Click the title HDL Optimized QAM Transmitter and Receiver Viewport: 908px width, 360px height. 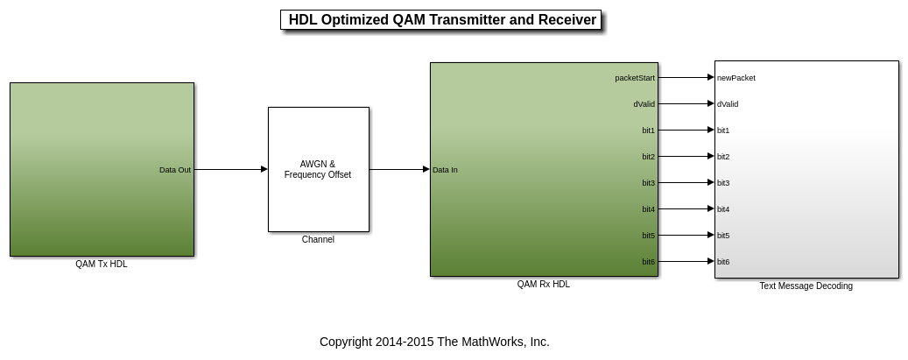[442, 20]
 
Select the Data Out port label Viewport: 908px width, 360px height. [175, 170]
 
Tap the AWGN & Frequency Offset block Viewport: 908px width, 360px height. [319, 169]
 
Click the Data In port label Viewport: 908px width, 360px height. [445, 170]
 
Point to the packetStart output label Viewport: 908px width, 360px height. [635, 78]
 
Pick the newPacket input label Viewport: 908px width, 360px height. [736, 78]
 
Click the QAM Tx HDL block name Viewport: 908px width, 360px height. [102, 264]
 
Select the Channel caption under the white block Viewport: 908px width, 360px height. [318, 239]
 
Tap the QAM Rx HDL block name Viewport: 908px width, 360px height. [543, 284]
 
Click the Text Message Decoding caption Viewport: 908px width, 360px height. [806, 286]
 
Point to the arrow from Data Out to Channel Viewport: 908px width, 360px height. [231, 169]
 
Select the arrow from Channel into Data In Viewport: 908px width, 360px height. [399, 169]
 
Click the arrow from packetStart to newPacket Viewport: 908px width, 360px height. [686, 77]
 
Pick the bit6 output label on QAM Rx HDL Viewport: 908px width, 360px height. [649, 261]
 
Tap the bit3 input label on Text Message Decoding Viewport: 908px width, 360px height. [723, 182]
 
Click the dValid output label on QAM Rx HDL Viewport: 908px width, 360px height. [644, 103]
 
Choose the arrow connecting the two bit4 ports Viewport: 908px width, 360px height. [686, 208]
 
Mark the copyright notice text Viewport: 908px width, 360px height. [434, 342]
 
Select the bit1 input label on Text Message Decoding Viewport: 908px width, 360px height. [723, 131]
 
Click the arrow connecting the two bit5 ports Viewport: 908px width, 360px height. [686, 235]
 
